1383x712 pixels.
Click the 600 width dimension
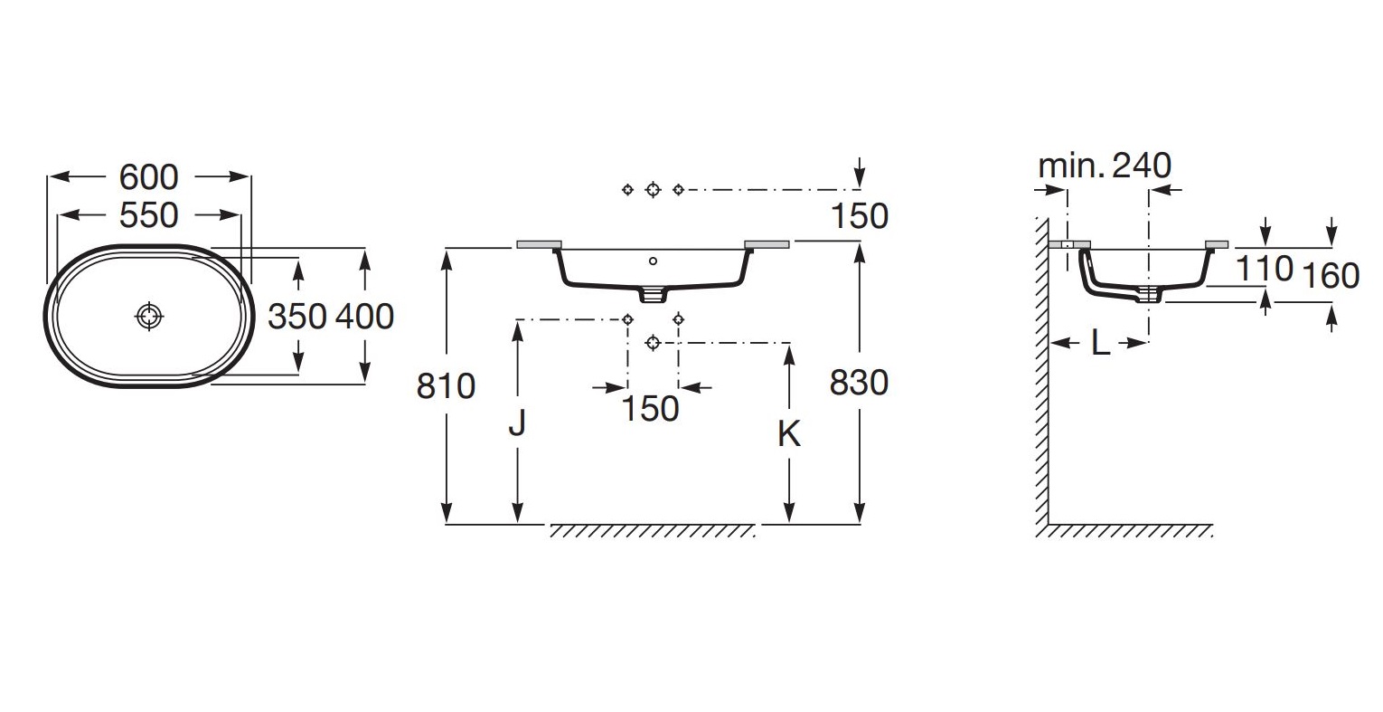click(148, 177)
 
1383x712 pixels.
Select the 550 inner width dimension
click(148, 215)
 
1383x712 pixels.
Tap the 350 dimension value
click(296, 317)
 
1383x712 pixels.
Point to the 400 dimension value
click(364, 317)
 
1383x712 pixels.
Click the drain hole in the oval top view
click(149, 316)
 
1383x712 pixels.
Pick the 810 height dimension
click(446, 386)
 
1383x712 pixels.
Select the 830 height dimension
click(859, 383)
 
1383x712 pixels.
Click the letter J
click(517, 422)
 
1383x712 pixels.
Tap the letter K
click(789, 434)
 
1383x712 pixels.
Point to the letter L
click(1100, 343)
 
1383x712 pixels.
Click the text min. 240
click(1105, 166)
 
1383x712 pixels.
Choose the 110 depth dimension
click(1264, 268)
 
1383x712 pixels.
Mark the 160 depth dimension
click(1331, 275)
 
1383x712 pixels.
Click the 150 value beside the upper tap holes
click(859, 216)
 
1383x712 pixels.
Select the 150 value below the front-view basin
click(650, 409)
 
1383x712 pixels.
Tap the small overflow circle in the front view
click(654, 261)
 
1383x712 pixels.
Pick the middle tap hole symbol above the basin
click(654, 189)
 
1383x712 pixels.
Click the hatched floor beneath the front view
click(652, 531)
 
